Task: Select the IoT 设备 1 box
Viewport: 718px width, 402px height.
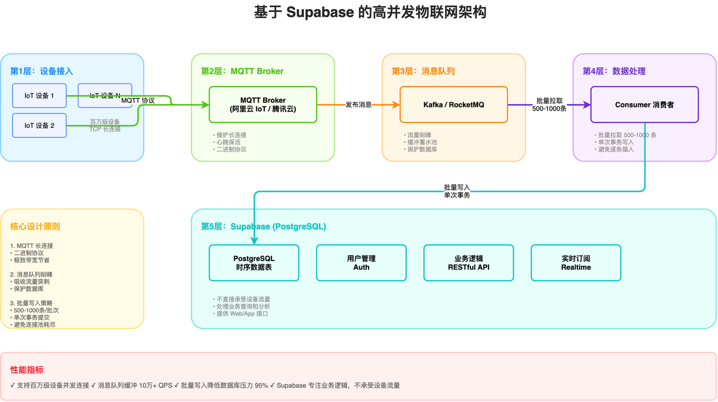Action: [x=39, y=96]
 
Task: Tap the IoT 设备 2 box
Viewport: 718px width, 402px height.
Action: [x=39, y=125]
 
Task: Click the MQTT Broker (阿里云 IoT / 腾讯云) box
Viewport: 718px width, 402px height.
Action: [x=262, y=105]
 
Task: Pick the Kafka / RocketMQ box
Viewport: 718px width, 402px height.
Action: [x=453, y=105]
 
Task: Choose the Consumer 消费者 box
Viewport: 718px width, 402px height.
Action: [x=644, y=105]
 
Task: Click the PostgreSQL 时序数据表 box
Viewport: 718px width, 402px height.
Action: [x=254, y=263]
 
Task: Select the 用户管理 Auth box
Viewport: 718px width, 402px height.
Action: [x=361, y=263]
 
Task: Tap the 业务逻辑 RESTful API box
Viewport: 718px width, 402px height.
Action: [x=468, y=263]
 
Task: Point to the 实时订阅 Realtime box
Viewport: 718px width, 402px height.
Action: [x=575, y=263]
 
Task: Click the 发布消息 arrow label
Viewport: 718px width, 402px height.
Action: [x=358, y=105]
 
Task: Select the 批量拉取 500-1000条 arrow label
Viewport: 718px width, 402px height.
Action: [x=549, y=105]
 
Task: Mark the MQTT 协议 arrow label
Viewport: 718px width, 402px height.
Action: [x=138, y=100]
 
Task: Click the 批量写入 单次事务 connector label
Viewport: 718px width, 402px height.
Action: [x=457, y=191]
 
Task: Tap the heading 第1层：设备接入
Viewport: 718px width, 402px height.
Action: [x=41, y=71]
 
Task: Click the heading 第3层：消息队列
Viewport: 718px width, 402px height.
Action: [x=423, y=71]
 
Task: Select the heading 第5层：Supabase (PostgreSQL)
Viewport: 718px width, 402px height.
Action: [x=263, y=226]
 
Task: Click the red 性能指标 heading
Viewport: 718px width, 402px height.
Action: [x=27, y=370]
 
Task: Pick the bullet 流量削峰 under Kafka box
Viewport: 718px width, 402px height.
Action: [x=421, y=136]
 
